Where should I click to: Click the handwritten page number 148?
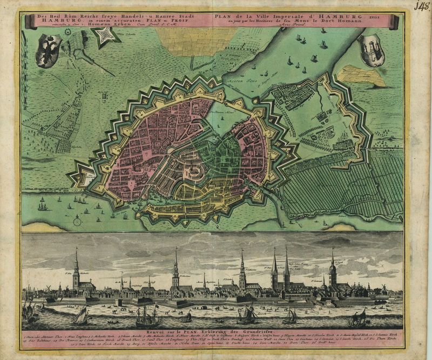(422, 6)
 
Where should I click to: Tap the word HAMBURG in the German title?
(52, 22)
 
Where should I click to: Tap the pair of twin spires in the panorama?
(280, 270)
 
